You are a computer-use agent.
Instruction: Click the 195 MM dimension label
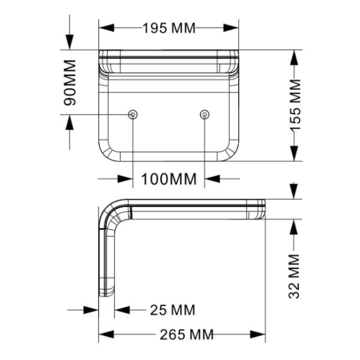click(169, 28)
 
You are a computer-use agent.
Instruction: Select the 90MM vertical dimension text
click(71, 83)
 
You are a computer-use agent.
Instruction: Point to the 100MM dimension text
click(169, 179)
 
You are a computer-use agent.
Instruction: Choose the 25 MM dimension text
click(172, 310)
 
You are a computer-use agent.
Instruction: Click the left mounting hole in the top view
click(133, 115)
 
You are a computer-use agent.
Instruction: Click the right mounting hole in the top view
click(205, 115)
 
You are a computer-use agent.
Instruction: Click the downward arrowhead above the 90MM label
click(70, 43)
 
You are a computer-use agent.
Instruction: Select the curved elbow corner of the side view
click(111, 211)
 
